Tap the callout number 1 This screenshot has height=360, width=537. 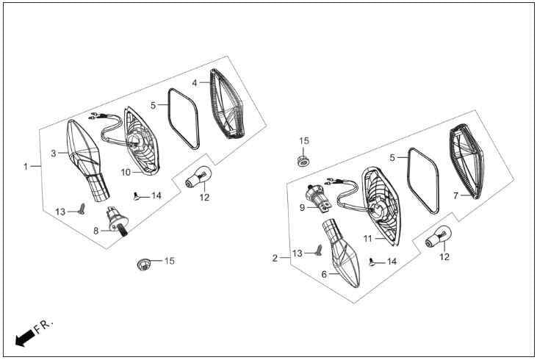(25, 167)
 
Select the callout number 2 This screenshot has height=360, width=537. (275, 258)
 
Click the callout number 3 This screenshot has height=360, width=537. (54, 154)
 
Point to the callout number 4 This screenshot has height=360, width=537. (195, 83)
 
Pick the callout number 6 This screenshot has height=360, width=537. (324, 274)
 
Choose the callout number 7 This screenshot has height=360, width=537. (455, 195)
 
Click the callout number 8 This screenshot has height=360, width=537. (96, 231)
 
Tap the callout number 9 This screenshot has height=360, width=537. (302, 208)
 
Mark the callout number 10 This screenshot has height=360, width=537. (126, 173)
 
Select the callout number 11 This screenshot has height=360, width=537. (367, 238)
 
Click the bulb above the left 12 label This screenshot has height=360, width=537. (197, 176)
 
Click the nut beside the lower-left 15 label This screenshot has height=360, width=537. (144, 264)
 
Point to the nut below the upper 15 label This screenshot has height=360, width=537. (302, 161)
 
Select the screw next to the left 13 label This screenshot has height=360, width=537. (82, 208)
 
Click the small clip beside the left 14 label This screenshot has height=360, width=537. (137, 197)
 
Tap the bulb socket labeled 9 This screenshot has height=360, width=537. (319, 199)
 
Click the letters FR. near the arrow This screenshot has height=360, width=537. (44, 326)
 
